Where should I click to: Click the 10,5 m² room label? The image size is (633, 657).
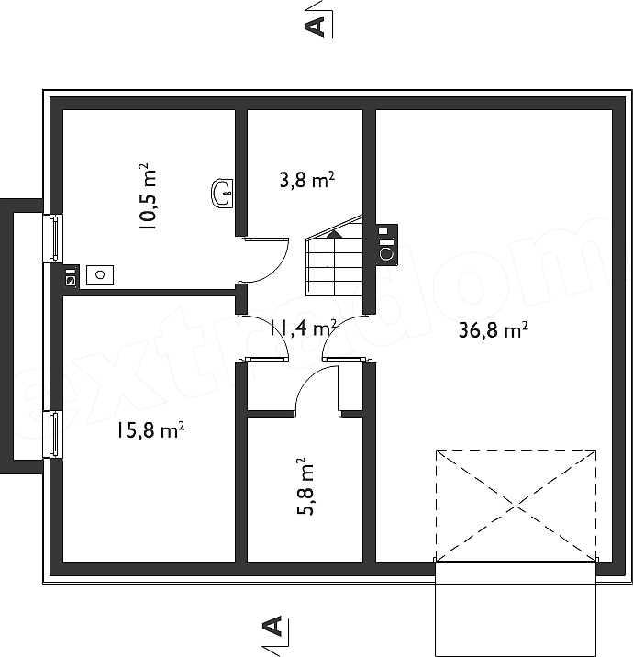(x=147, y=196)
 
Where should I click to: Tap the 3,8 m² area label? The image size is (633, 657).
(x=307, y=180)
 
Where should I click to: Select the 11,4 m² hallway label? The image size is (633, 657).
(x=304, y=328)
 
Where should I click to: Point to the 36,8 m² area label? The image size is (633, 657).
(x=493, y=329)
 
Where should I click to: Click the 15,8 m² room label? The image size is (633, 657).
(x=150, y=430)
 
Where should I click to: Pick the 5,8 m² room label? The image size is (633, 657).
(x=305, y=486)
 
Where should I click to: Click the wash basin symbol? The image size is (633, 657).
(x=222, y=193)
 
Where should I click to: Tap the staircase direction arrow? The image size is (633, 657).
(x=334, y=234)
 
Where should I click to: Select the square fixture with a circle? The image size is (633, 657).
(x=100, y=275)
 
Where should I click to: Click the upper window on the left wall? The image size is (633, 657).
(x=53, y=238)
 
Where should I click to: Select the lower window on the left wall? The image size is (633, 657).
(x=53, y=435)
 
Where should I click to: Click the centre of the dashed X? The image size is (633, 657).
(x=516, y=507)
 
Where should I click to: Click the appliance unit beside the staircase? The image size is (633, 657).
(x=386, y=245)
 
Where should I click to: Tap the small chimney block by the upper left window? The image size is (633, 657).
(x=72, y=276)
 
